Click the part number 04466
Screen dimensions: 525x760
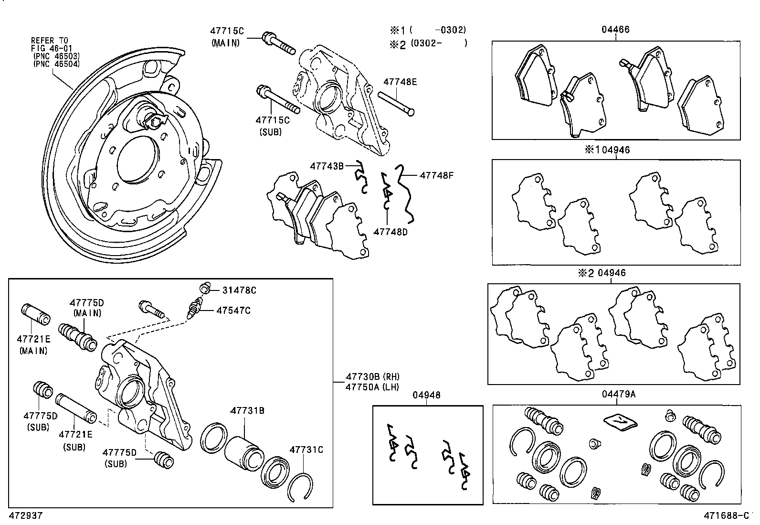coord(615,30)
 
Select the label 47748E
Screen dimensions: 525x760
coord(400,82)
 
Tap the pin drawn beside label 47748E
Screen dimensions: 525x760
coord(396,103)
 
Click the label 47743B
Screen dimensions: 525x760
coord(327,166)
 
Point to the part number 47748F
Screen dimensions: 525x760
coord(436,175)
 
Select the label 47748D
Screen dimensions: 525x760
coord(391,232)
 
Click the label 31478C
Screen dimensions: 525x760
coord(239,290)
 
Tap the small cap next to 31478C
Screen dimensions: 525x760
coord(204,288)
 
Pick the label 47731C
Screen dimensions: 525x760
coord(306,450)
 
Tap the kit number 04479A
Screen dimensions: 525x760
coord(618,394)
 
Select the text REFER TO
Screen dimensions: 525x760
coord(50,40)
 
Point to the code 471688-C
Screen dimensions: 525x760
coord(727,515)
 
